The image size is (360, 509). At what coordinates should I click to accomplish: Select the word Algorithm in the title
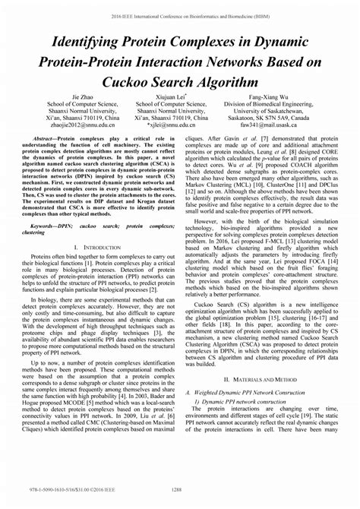click(227, 78)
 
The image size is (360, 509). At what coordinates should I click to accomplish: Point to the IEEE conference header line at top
click(180, 13)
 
